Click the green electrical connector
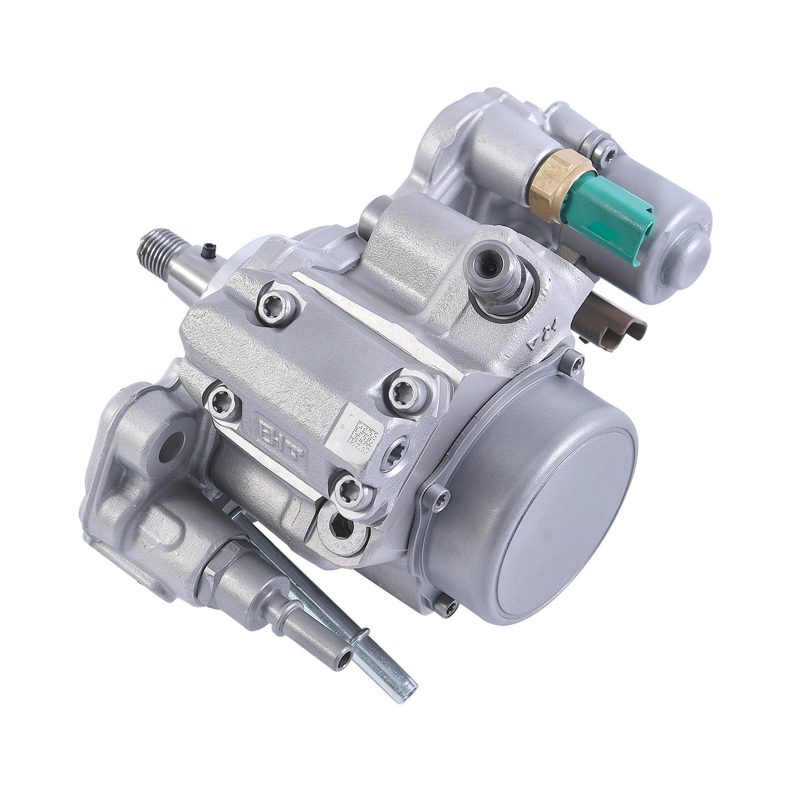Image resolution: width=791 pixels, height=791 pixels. [610, 218]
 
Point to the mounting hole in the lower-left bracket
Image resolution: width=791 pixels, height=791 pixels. [170, 448]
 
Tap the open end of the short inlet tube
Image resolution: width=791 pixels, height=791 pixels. [343, 660]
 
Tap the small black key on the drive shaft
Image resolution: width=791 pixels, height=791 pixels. [209, 250]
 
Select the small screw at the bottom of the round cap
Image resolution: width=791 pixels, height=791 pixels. [448, 606]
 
